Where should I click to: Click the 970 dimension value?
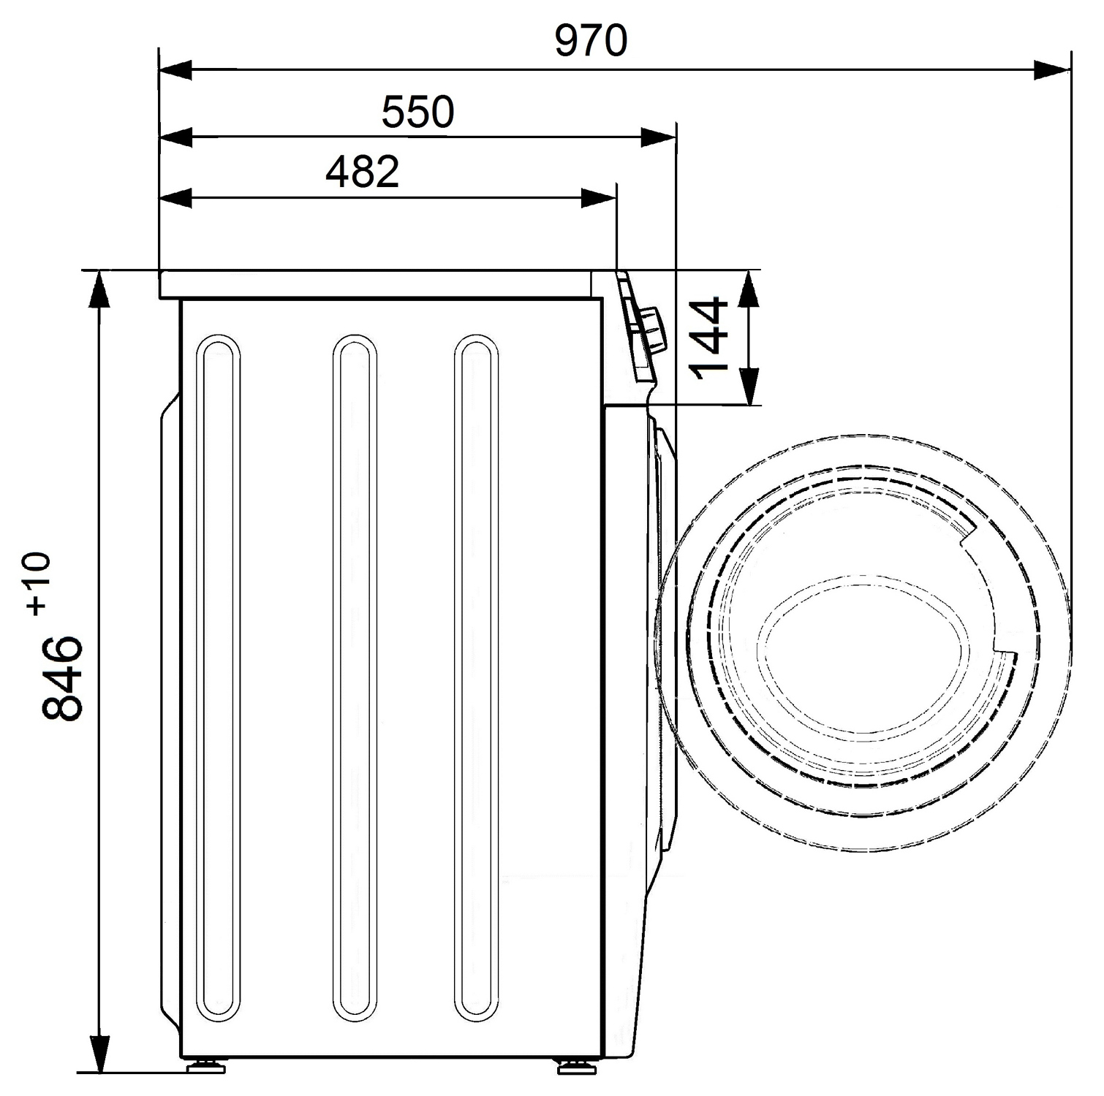click(x=591, y=40)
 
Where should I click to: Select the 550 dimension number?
click(x=418, y=112)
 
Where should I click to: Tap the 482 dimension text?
click(x=363, y=172)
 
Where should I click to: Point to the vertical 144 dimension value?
click(x=710, y=338)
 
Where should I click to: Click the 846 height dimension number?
click(x=61, y=678)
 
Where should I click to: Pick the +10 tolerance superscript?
click(x=38, y=582)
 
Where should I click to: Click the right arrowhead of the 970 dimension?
click(x=1053, y=71)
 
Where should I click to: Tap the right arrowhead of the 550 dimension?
click(x=658, y=137)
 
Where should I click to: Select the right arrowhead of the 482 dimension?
click(x=598, y=197)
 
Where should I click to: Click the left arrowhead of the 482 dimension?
click(x=176, y=197)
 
